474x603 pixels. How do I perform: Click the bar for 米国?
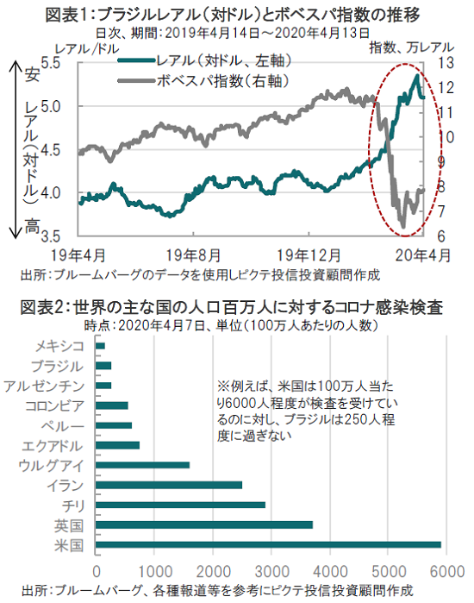(x=268, y=544)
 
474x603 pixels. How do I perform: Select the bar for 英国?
(x=204, y=524)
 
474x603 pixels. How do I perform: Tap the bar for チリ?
(x=180, y=505)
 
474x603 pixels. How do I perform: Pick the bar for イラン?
(x=169, y=485)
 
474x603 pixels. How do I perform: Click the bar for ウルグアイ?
(x=142, y=465)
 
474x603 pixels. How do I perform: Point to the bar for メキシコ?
(x=100, y=346)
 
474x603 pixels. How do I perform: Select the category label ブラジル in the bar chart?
(x=57, y=366)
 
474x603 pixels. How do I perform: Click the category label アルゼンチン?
(x=44, y=386)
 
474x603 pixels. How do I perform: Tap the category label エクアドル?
(x=53, y=446)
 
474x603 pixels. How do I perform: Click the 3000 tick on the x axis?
(x=271, y=571)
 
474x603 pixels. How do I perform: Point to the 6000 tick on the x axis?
(x=446, y=571)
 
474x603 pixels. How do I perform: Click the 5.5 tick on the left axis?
(x=50, y=62)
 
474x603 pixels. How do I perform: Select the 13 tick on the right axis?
(x=446, y=62)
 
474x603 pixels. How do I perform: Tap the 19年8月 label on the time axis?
(x=193, y=255)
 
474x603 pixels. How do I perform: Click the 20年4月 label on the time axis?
(x=423, y=255)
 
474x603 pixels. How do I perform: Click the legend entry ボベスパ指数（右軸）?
(x=203, y=81)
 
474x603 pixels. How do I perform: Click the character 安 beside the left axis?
(x=32, y=74)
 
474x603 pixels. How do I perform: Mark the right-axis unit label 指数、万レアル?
(x=411, y=47)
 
